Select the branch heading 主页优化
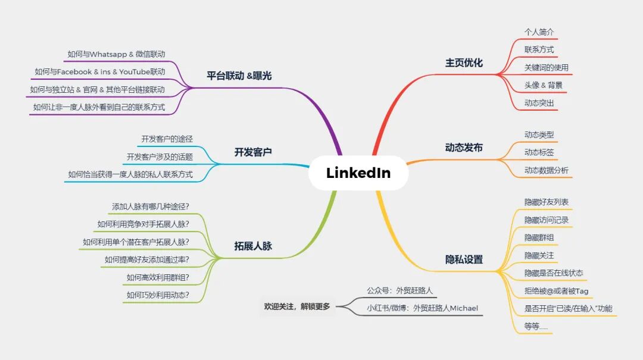pyautogui.click(x=464, y=62)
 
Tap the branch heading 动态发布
pyautogui.click(x=464, y=148)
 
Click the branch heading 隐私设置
pyautogui.click(x=464, y=259)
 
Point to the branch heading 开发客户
pyautogui.click(x=253, y=152)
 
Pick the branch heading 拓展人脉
pyautogui.click(x=253, y=246)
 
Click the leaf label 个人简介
pyautogui.click(x=539, y=32)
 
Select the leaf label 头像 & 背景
pyautogui.click(x=543, y=85)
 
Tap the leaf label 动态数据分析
pyautogui.click(x=546, y=171)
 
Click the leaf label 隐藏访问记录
pyautogui.click(x=546, y=220)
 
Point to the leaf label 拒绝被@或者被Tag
pyautogui.click(x=556, y=291)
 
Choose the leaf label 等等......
pyautogui.click(x=536, y=326)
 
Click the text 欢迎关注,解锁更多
pyautogui.click(x=296, y=307)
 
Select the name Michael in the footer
pyautogui.click(x=464, y=308)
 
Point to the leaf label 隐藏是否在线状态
pyautogui.click(x=554, y=273)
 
